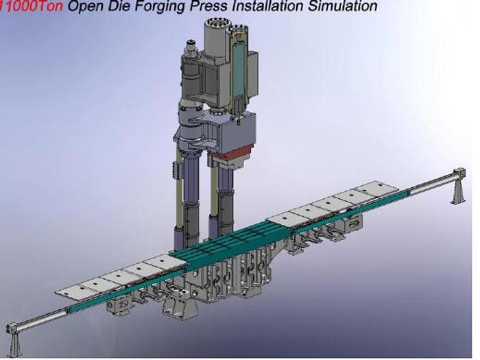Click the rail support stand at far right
click(x=457, y=187)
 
